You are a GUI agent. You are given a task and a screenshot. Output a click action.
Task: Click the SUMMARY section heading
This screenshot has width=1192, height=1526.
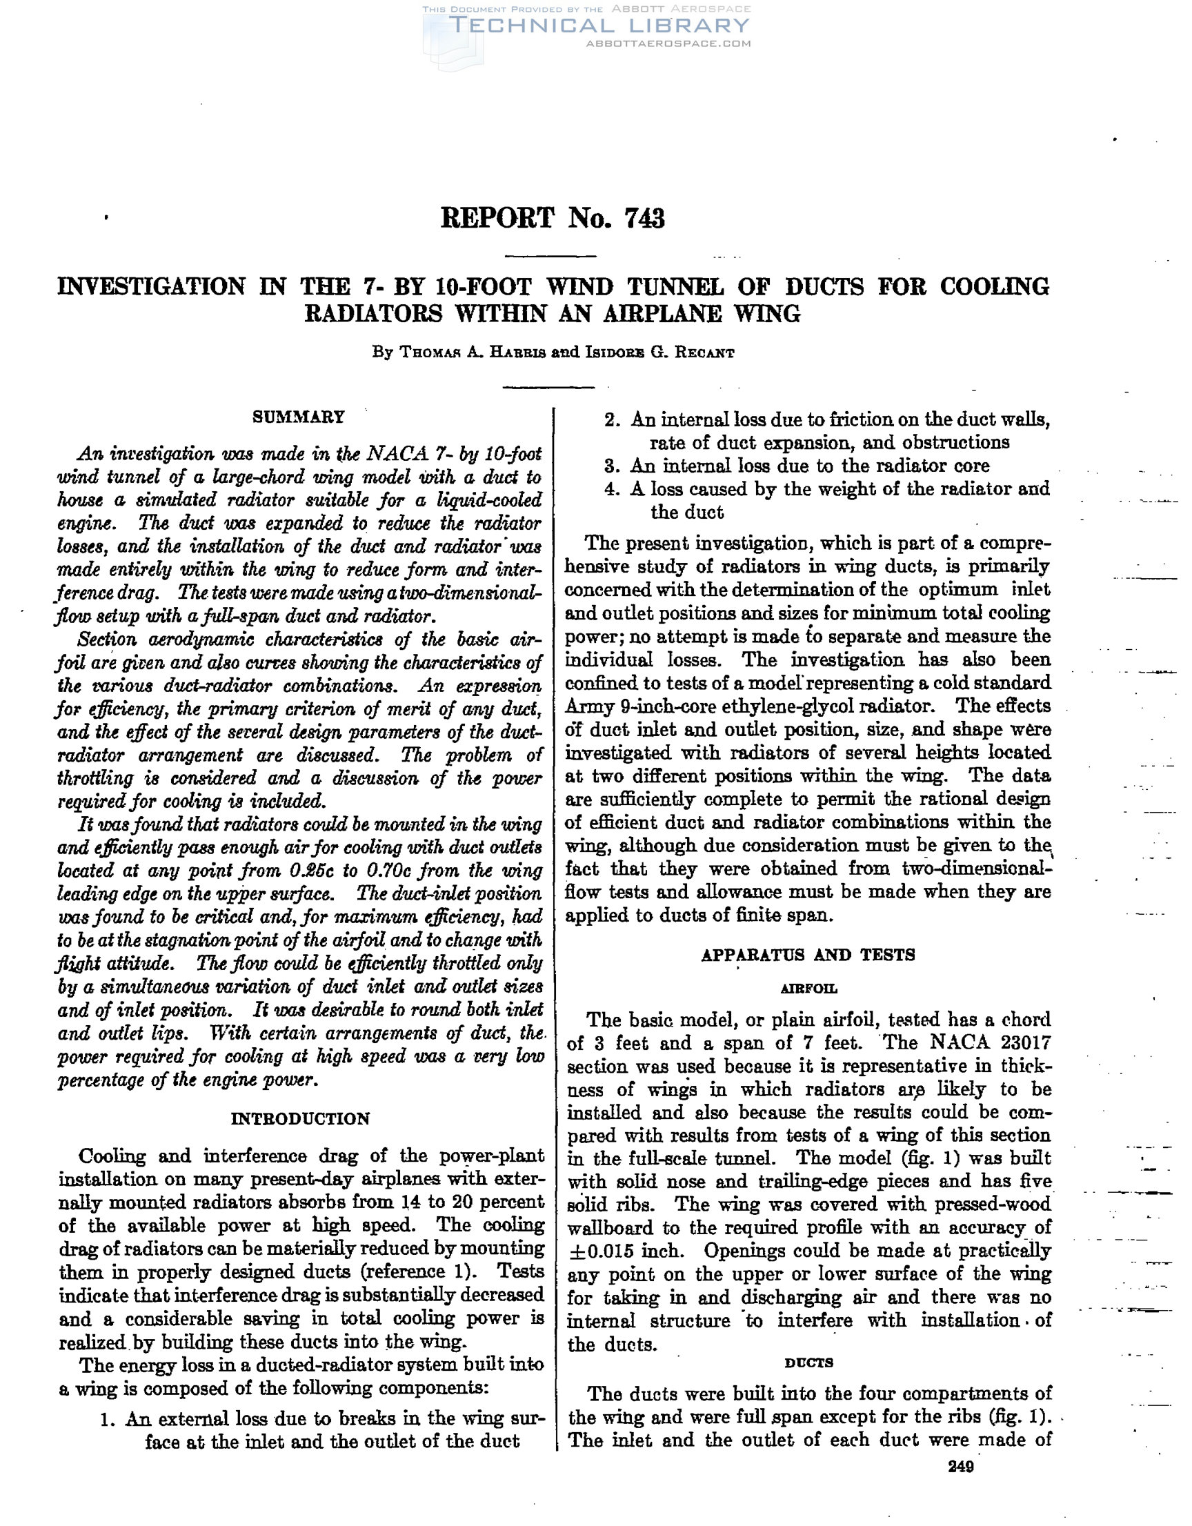tap(299, 417)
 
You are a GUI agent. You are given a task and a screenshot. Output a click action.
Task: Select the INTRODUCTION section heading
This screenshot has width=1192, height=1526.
tap(301, 1119)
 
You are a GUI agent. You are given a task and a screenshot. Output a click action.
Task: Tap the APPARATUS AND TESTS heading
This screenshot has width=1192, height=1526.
tap(808, 955)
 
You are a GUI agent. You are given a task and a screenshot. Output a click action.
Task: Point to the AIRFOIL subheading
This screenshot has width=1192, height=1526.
tap(808, 989)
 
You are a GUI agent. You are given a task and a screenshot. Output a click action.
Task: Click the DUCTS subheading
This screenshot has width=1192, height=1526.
tap(808, 1362)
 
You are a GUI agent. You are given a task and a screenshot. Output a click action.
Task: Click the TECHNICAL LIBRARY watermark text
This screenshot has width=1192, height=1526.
tap(599, 26)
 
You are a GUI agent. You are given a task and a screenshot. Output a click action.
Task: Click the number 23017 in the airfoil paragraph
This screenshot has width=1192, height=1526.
tap(1025, 1043)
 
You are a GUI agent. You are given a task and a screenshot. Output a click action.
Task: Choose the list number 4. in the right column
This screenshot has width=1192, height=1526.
tap(611, 489)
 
